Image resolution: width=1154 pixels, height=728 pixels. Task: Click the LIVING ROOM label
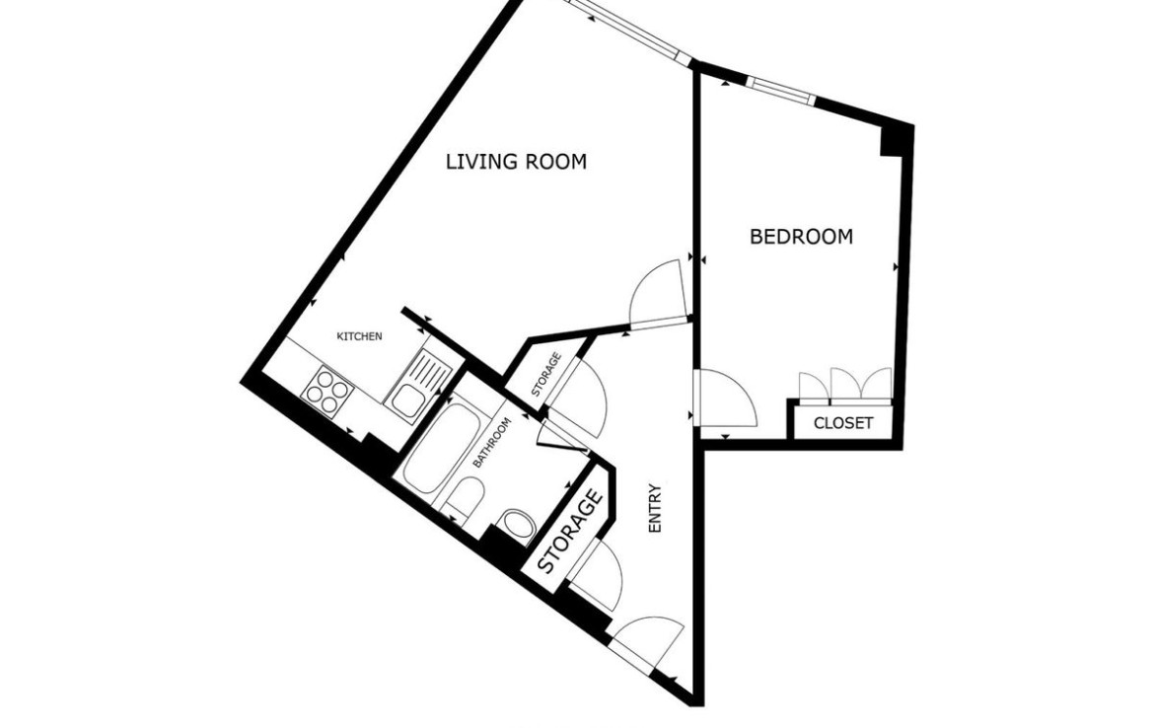pos(516,161)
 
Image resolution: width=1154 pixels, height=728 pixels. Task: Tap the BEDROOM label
pos(801,237)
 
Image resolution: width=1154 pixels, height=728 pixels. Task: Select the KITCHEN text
pos(359,336)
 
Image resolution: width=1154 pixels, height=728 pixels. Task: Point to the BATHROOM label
pos(491,442)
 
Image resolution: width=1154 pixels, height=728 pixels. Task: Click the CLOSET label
pos(842,423)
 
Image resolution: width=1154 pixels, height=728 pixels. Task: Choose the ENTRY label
pos(655,508)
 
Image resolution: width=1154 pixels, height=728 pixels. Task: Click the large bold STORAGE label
pos(570,533)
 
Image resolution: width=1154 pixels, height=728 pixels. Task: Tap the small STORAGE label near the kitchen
pos(546,375)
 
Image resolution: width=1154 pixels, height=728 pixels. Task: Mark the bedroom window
pos(781,90)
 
